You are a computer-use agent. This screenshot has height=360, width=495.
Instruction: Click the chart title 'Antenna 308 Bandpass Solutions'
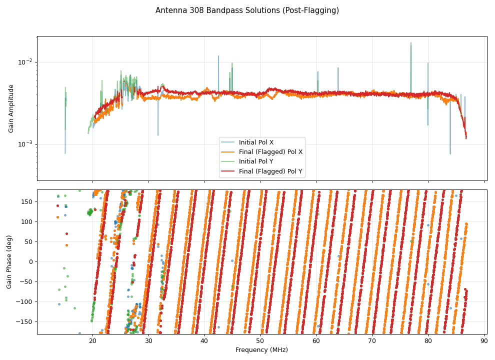(x=247, y=10)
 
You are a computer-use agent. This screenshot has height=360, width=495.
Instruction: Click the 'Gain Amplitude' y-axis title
(x=11, y=108)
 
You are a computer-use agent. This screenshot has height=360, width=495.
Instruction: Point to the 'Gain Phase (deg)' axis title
(x=9, y=261)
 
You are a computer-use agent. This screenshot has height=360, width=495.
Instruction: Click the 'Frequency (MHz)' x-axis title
(x=261, y=350)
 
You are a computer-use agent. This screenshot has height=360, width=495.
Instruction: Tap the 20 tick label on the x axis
(x=92, y=341)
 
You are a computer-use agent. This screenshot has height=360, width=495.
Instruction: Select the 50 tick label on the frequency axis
(x=260, y=341)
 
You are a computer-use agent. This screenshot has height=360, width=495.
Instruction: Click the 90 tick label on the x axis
(x=484, y=341)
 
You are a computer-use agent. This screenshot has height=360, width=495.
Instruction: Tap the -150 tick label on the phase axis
(x=24, y=321)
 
